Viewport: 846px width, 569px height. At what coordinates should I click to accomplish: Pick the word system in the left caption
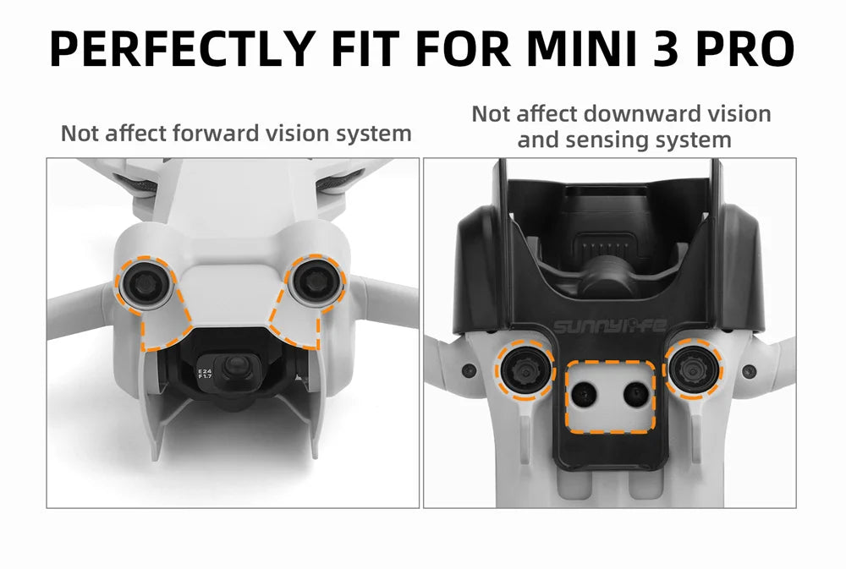pos(371,134)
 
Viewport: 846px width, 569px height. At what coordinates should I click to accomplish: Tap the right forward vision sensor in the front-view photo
pos(313,282)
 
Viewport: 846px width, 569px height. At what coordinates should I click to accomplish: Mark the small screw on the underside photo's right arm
pos(749,369)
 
